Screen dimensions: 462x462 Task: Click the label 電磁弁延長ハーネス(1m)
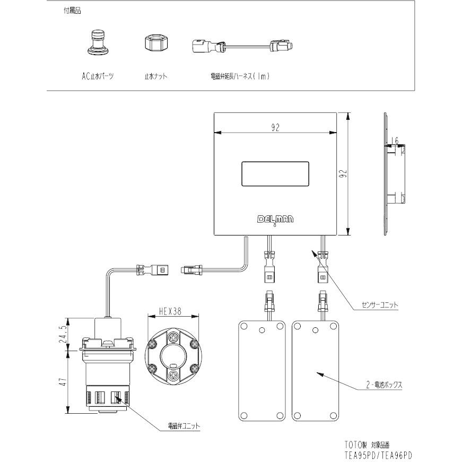coord(240,76)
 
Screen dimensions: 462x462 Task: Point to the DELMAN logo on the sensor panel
coord(275,219)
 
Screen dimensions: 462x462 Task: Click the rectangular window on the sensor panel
coord(275,173)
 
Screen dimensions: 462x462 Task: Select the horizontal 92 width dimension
coord(275,127)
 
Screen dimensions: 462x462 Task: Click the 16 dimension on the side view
coord(394,141)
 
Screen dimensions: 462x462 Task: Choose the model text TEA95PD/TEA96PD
coord(378,455)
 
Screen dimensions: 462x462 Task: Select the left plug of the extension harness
coord(204,47)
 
